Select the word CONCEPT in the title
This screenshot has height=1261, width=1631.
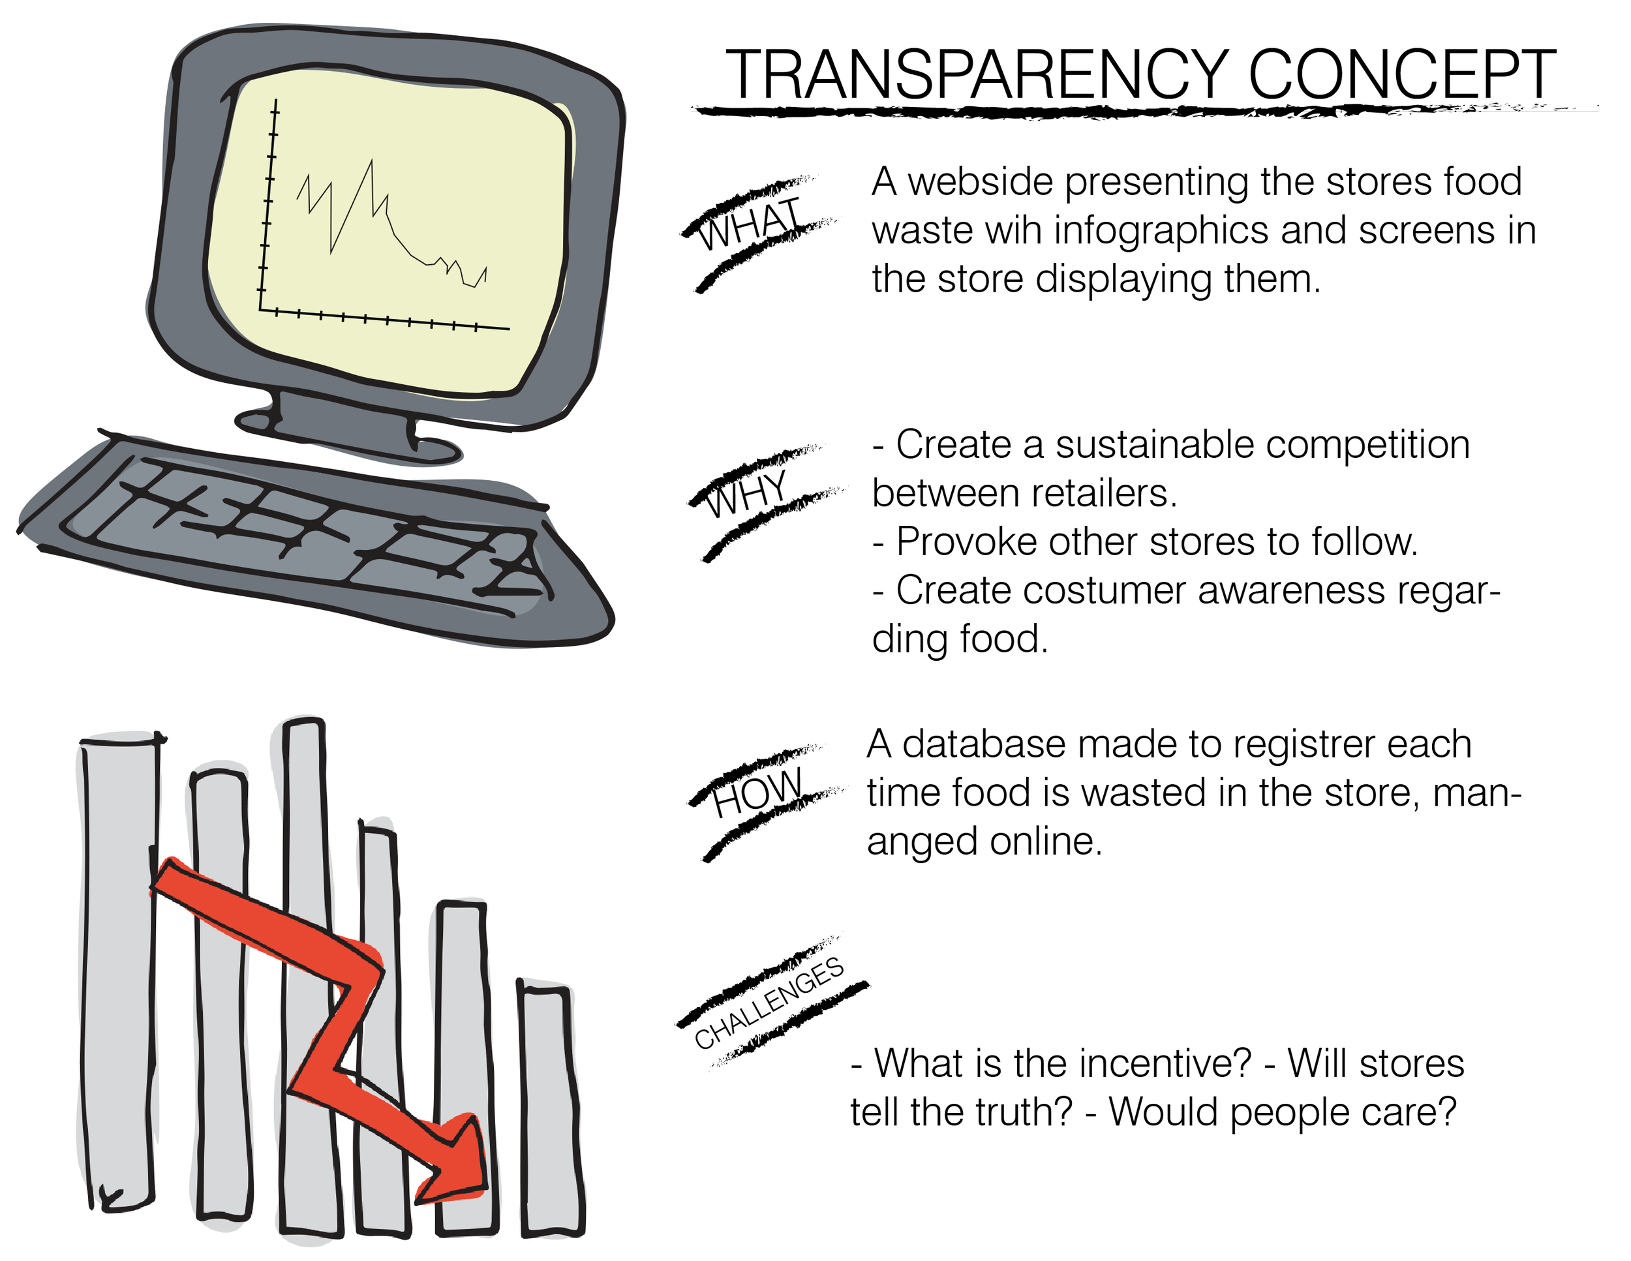(1402, 74)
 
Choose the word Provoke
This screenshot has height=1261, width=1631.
(966, 542)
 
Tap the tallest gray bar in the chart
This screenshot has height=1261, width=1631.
(308, 971)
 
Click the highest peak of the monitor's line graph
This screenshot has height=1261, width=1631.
(371, 161)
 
